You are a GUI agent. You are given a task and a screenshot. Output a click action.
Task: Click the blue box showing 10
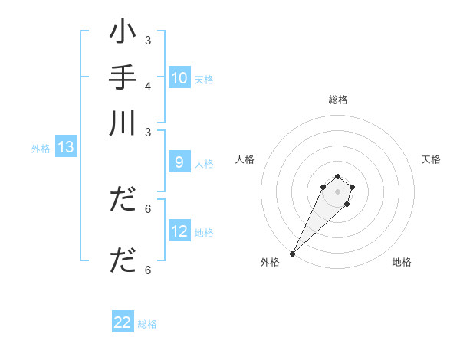click(x=179, y=78)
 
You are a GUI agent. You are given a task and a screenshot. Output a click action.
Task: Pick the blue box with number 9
click(x=179, y=162)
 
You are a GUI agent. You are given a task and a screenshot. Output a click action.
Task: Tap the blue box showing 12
click(x=179, y=231)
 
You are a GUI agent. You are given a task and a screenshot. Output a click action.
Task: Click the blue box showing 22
click(x=123, y=322)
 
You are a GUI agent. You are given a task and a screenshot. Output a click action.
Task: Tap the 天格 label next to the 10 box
click(x=204, y=79)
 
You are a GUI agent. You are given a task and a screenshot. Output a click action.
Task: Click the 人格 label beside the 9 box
click(x=204, y=163)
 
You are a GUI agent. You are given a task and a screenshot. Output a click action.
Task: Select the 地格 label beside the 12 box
click(x=204, y=232)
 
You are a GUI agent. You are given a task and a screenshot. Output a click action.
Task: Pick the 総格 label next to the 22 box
click(x=147, y=323)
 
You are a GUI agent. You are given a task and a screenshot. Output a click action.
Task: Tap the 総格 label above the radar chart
click(x=338, y=100)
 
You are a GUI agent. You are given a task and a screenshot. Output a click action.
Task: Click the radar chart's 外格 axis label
click(x=270, y=262)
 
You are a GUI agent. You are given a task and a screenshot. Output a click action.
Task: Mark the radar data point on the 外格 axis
click(x=292, y=254)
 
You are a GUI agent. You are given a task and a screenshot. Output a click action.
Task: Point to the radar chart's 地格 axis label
click(x=402, y=262)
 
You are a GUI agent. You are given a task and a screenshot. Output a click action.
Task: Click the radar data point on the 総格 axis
click(x=337, y=177)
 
